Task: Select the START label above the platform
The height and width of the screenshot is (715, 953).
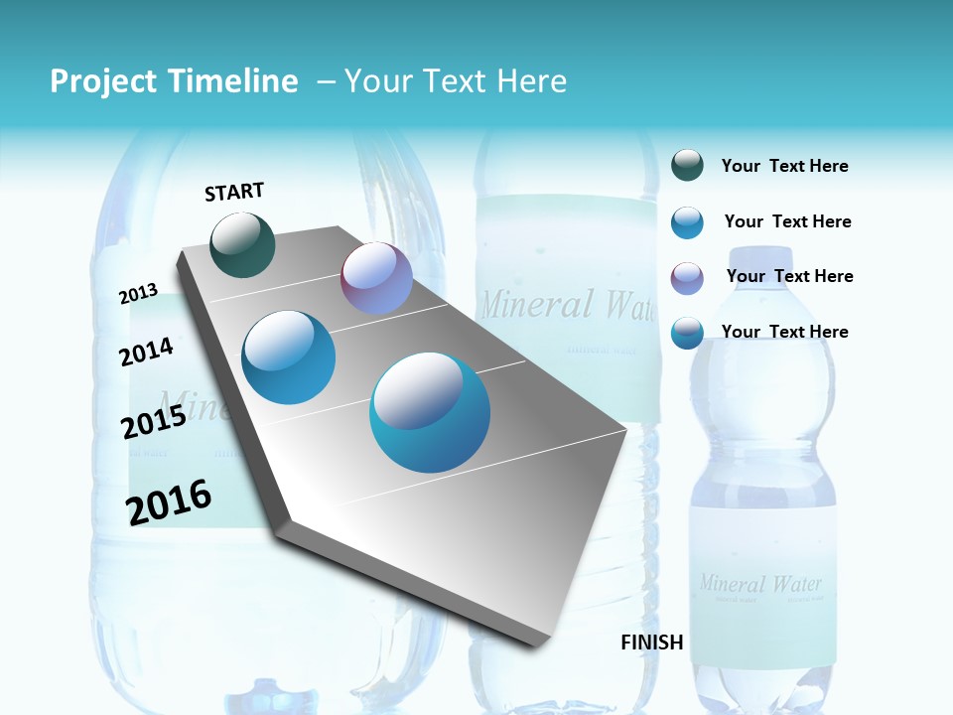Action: point(234,192)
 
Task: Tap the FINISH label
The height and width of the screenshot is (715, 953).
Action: point(651,643)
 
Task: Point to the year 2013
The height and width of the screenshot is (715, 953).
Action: point(139,293)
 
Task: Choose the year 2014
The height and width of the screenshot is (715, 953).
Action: point(147,352)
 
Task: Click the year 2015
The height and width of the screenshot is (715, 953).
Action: point(154,422)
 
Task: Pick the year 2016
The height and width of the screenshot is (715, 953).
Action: point(169,502)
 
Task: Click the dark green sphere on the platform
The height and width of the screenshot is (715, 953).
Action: point(243,244)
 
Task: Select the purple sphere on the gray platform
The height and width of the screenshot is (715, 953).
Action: point(376,279)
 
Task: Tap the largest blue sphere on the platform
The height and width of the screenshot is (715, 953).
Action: point(430,412)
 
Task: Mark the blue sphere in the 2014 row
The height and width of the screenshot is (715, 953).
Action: point(289,357)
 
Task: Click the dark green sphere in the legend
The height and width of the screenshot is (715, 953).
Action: point(687,166)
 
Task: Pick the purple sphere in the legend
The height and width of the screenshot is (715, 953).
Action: point(687,277)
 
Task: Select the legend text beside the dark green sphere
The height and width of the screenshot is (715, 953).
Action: point(784,167)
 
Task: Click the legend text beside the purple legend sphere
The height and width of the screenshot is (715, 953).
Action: point(789,276)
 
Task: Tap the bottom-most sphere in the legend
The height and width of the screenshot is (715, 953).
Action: point(687,333)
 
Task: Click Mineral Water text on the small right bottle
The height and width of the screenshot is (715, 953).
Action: point(760,583)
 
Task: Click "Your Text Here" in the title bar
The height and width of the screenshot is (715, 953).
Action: point(456,81)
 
